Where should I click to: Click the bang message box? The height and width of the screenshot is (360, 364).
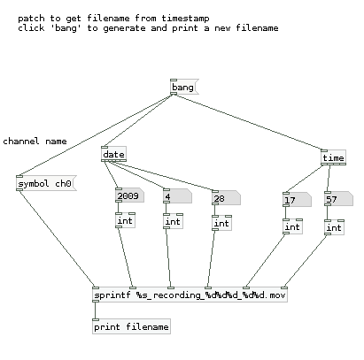[184, 87]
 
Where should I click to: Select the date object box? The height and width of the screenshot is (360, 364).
[113, 154]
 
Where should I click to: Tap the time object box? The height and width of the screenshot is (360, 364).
[333, 157]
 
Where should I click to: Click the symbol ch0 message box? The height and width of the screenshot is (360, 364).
[46, 183]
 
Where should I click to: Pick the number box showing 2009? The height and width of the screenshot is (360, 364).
[129, 195]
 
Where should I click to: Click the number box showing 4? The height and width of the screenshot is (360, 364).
[177, 196]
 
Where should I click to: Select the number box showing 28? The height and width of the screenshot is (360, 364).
[226, 198]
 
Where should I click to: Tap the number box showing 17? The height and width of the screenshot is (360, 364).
[297, 200]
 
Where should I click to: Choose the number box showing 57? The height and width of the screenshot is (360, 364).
[338, 199]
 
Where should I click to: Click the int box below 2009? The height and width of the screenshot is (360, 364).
[126, 220]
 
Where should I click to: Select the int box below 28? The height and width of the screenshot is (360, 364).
[221, 223]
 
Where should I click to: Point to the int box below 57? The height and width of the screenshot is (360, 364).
[334, 227]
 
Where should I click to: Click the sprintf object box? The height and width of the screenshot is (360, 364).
[190, 295]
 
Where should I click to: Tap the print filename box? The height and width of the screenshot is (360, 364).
[131, 326]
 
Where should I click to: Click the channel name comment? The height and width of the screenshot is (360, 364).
[35, 142]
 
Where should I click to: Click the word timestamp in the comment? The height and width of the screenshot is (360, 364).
[185, 19]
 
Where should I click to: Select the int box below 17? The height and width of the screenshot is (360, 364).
[292, 226]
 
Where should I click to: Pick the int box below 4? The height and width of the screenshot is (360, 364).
[173, 221]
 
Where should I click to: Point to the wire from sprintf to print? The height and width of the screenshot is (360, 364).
[95, 310]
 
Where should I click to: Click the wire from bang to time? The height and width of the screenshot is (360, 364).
[249, 122]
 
